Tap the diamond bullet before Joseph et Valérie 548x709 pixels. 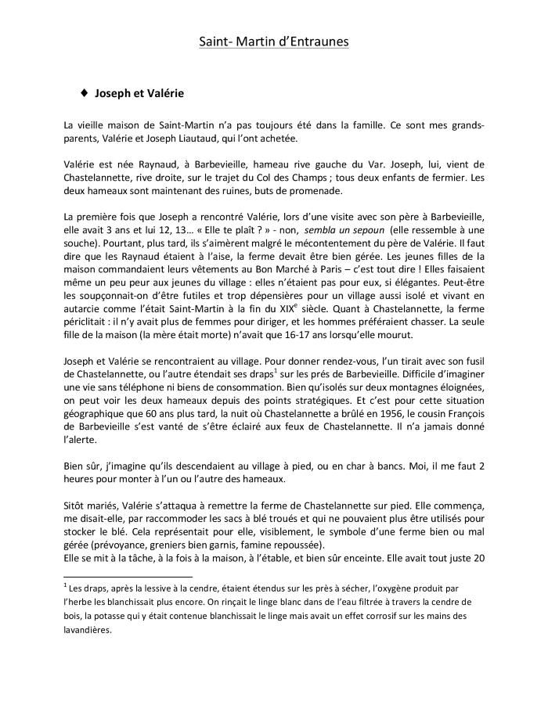[84, 93]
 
